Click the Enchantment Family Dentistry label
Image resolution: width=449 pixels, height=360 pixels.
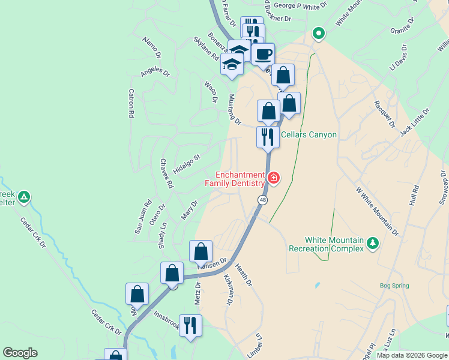[x=235, y=178]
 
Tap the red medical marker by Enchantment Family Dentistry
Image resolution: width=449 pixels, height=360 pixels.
[x=274, y=178]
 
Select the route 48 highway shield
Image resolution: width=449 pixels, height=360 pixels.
[x=263, y=199]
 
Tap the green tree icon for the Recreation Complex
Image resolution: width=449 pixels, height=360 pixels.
[x=373, y=242]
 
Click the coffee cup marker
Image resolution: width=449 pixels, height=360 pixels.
[x=262, y=55]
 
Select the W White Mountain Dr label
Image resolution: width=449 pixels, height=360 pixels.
[x=377, y=211]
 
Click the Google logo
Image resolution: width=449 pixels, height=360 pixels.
[x=20, y=353]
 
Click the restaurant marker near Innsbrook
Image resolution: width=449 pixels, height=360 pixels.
[x=190, y=326]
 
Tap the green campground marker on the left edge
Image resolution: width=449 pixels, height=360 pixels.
[x=24, y=196]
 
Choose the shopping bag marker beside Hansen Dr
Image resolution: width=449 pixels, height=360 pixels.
[x=200, y=251]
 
